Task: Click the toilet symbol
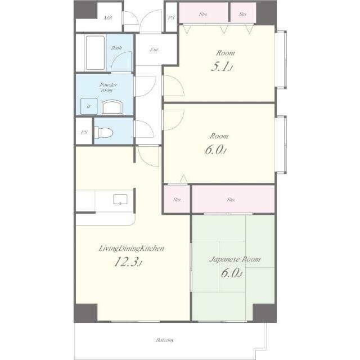pos(103,133)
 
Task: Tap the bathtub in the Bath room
pos(95,53)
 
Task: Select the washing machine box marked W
pos(89,106)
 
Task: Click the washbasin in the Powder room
pos(112,107)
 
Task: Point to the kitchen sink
pos(120,199)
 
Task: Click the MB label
pos(107,17)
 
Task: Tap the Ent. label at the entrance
pos(154,49)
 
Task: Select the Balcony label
pos(165,340)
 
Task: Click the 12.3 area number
pos(127,262)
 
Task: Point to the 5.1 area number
pos(220,66)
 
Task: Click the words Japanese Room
pos(235,259)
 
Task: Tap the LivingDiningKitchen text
pos(131,249)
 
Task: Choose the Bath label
pos(116,48)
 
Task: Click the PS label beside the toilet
pos(84,132)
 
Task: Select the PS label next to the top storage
pos(171,17)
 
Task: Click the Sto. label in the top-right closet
pos(242,14)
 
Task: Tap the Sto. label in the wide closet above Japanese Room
pos(231,200)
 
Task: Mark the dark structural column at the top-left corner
pos(86,10)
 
